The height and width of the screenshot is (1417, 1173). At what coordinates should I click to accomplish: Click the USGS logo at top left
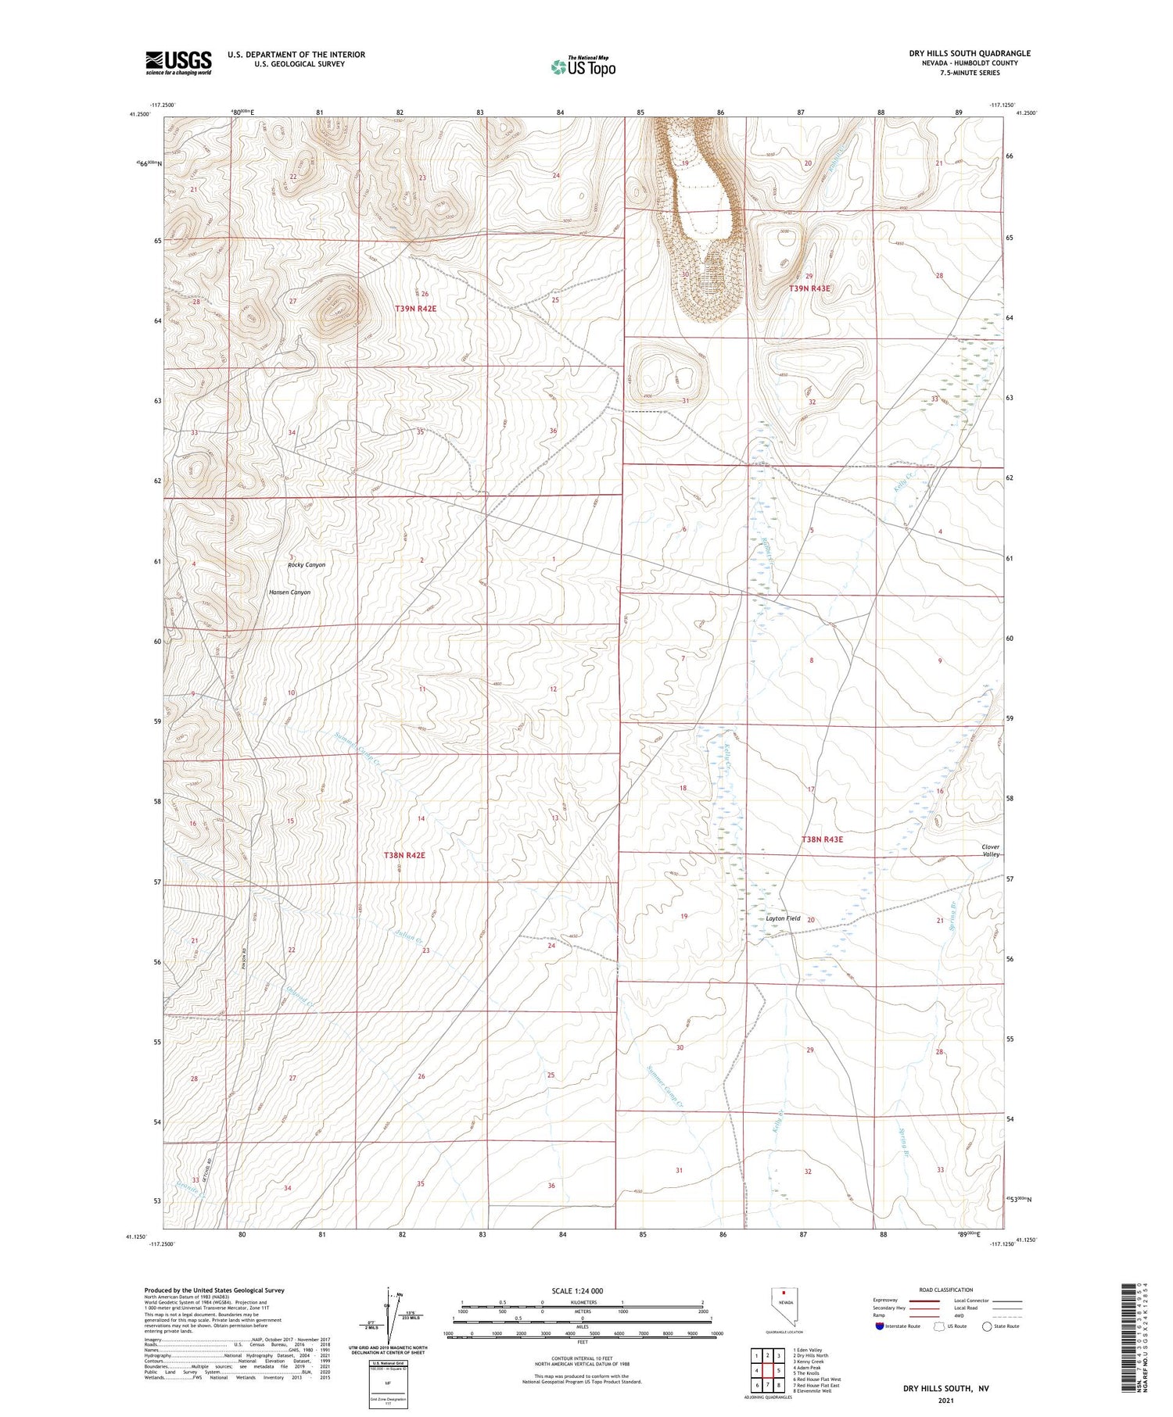point(178,63)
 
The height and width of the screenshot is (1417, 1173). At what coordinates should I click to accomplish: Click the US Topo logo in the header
point(583,66)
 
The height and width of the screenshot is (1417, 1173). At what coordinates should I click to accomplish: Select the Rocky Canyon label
point(307,564)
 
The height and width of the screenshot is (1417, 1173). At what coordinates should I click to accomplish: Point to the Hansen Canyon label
point(289,592)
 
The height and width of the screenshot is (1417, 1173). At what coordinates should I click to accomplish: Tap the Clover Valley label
point(990,850)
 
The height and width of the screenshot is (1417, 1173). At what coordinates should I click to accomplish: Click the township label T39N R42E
point(415,309)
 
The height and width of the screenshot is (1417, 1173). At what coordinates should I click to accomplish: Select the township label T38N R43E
point(822,839)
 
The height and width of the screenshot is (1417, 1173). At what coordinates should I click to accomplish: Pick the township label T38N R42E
point(404,855)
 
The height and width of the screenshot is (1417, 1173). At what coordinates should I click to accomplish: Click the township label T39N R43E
point(809,288)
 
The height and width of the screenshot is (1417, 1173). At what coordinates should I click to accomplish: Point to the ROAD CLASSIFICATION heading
point(945,1290)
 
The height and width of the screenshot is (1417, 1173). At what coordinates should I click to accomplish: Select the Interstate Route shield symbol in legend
point(880,1326)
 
